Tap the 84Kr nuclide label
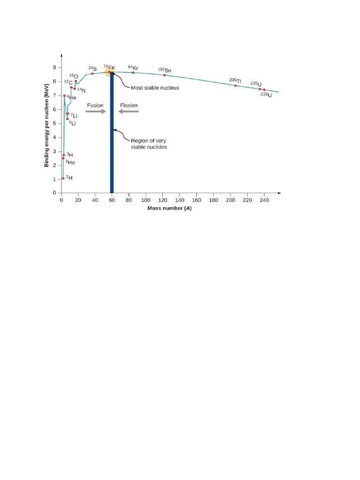click(133, 67)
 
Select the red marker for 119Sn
click(165, 75)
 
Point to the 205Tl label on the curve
click(235, 81)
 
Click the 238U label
click(266, 95)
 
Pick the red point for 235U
click(260, 89)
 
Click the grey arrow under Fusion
click(96, 112)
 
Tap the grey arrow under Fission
click(128, 112)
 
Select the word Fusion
click(95, 105)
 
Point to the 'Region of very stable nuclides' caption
click(148, 144)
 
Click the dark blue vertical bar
click(112, 141)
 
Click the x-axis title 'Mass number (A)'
click(170, 208)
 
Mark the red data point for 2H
click(63, 178)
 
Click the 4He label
click(71, 97)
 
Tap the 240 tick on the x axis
click(264, 200)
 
